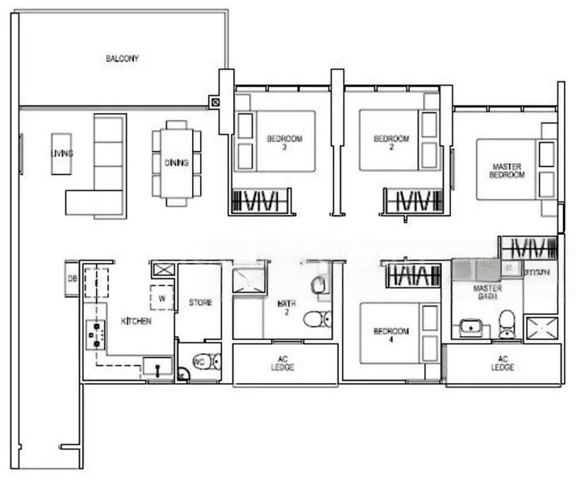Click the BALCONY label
tap(123, 59)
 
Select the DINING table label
tap(177, 163)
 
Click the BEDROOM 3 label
tap(284, 143)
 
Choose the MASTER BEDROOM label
tap(508, 171)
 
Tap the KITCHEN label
tap(136, 321)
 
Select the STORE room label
tap(200, 303)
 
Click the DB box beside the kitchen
tap(72, 279)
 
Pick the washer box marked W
tap(162, 297)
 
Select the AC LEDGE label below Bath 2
tap(283, 364)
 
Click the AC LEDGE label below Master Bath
tap(502, 364)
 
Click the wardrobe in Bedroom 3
tap(260, 200)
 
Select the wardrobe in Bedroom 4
tap(413, 275)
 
